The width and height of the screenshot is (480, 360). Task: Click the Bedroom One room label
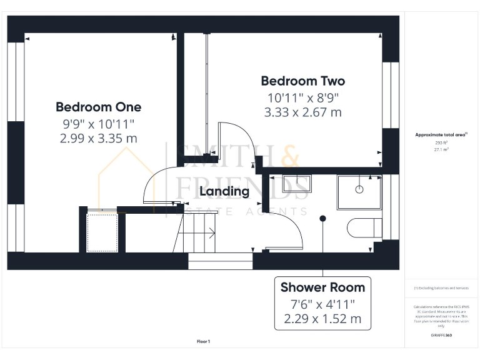[x=98, y=107]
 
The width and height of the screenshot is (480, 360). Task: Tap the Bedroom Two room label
[x=302, y=81]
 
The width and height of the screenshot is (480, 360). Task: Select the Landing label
[x=224, y=192]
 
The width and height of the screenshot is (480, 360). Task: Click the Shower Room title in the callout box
[x=322, y=287]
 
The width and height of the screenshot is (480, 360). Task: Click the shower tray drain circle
[x=360, y=188]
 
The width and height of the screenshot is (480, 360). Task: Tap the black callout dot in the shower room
[x=322, y=218]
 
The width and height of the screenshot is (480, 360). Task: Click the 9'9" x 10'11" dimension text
[x=98, y=124]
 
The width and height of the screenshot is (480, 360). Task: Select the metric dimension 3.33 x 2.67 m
[x=302, y=112]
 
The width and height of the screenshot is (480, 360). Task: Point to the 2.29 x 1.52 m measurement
[x=322, y=318]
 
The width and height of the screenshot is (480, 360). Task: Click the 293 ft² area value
[x=441, y=142]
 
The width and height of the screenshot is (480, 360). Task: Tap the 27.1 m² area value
[x=441, y=150]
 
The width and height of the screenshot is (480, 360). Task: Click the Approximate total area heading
[x=441, y=134]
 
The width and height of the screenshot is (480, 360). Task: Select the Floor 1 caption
[x=204, y=341]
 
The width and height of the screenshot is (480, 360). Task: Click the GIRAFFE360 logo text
[x=441, y=336]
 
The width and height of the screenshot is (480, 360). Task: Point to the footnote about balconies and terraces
[x=441, y=288]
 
